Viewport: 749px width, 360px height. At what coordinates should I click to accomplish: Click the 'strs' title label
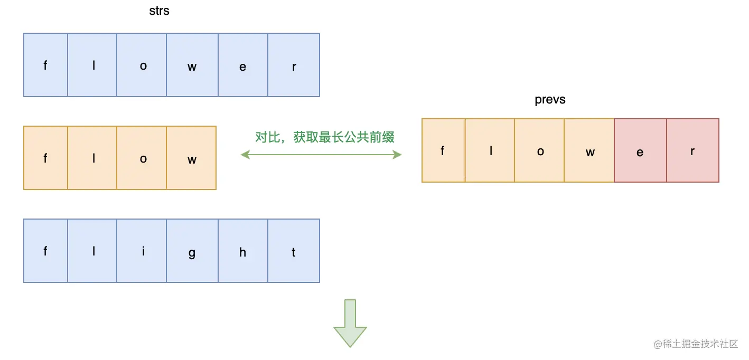(159, 11)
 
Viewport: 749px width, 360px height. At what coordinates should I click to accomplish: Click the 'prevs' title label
(550, 100)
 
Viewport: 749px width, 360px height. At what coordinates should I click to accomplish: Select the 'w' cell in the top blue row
(192, 65)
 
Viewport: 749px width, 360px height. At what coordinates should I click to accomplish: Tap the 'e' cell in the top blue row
(243, 65)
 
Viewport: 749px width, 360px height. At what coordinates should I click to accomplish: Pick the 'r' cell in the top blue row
(294, 65)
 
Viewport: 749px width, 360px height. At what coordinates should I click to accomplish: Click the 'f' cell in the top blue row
(45, 65)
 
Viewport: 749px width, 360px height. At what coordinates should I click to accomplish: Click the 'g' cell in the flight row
(192, 251)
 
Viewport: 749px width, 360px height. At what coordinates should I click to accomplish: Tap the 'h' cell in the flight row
(243, 251)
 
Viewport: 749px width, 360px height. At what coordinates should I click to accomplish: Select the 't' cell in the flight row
(294, 251)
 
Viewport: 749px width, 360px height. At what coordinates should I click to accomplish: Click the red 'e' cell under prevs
(640, 150)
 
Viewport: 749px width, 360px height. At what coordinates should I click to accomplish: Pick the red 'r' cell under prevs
(692, 150)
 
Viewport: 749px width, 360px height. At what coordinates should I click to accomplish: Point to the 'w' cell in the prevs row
(589, 150)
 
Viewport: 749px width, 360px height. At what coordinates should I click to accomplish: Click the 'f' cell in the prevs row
(443, 150)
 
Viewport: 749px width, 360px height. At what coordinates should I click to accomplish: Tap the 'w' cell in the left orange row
(191, 158)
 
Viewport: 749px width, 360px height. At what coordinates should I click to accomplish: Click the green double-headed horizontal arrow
(321, 155)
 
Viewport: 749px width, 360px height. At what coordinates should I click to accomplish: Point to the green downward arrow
(350, 322)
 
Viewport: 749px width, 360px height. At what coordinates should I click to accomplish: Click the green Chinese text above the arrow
(325, 137)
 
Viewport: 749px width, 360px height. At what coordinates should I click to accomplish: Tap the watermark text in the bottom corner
(695, 344)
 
